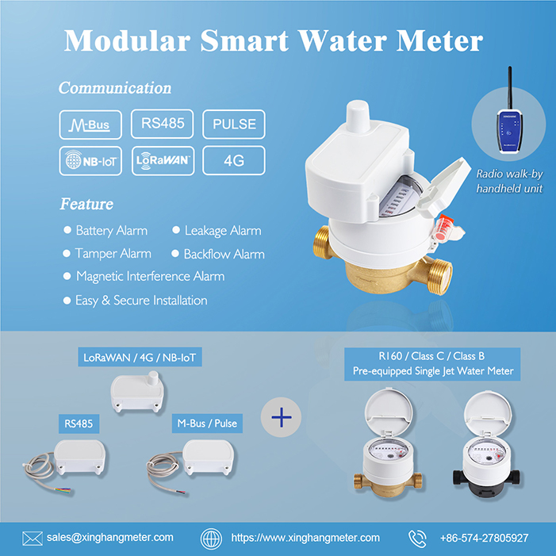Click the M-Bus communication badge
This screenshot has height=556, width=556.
pyautogui.click(x=90, y=125)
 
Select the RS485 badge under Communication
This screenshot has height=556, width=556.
pyautogui.click(x=162, y=124)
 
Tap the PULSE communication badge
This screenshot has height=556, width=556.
pyautogui.click(x=233, y=125)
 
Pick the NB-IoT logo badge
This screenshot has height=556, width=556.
pyautogui.click(x=90, y=160)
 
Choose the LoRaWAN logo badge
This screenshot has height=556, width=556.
pyautogui.click(x=162, y=160)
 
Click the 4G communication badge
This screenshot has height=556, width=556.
pyautogui.click(x=233, y=160)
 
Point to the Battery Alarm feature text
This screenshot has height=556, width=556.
pyautogui.click(x=111, y=231)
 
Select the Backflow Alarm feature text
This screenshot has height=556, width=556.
pyautogui.click(x=224, y=255)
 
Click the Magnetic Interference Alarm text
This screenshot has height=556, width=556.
pyautogui.click(x=150, y=277)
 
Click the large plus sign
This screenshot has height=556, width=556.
pyautogui.click(x=282, y=416)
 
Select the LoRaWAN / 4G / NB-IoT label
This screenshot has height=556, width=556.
pyautogui.click(x=140, y=358)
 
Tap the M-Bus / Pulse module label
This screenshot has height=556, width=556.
pyautogui.click(x=205, y=424)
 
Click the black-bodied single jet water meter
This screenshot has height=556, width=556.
pyautogui.click(x=483, y=453)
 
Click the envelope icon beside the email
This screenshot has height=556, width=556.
pyautogui.click(x=32, y=538)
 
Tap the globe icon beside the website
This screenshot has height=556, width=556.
pyautogui.click(x=211, y=538)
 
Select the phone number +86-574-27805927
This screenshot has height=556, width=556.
pyautogui.click(x=484, y=538)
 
